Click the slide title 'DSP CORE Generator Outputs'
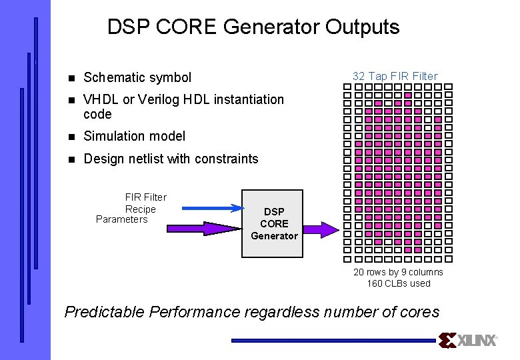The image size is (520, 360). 253,27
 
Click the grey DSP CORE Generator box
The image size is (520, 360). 274,224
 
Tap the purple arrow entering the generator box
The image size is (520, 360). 207,229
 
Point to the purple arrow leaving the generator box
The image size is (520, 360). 321,229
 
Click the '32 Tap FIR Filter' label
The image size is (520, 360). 395,76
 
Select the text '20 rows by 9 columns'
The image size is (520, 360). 398,272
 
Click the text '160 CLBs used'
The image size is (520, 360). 399,283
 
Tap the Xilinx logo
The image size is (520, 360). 468,341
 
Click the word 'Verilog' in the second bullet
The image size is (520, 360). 159,99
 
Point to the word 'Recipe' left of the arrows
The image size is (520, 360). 141,209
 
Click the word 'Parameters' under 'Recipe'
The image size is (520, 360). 122,219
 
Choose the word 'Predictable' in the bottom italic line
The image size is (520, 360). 105,311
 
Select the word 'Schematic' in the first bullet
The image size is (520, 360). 111,77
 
